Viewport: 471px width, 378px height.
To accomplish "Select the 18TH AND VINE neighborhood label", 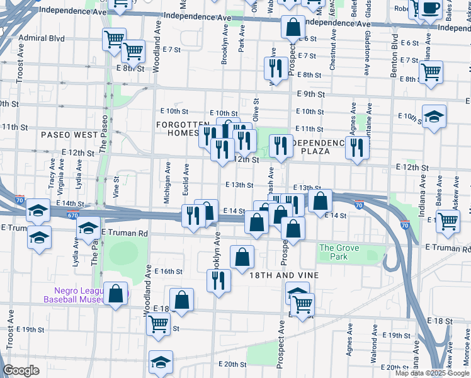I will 285,275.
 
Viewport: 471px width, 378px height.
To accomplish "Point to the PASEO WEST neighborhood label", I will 70,135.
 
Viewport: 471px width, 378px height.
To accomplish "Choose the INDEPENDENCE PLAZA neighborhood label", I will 319,147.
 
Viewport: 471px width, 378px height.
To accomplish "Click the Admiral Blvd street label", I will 42,38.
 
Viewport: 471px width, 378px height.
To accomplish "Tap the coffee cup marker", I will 431,8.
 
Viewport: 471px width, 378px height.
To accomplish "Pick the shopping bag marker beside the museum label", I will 116,294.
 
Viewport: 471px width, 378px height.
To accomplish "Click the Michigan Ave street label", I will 167,183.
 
